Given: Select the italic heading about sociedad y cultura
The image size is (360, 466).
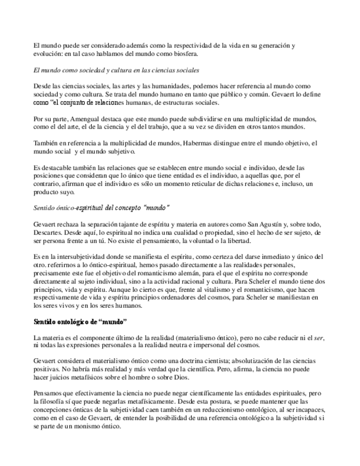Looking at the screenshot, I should coord(116,71).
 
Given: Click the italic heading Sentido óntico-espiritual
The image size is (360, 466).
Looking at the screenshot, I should coord(102,208).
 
